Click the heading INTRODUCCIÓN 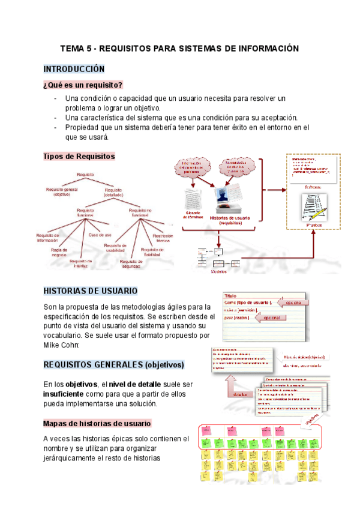[x=74, y=69]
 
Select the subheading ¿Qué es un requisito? [x=83, y=85]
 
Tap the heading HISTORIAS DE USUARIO [x=90, y=291]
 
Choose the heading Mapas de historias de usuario [x=97, y=423]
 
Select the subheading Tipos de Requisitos [x=79, y=156]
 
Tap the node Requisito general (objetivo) [x=62, y=191]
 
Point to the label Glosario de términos [x=190, y=217]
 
